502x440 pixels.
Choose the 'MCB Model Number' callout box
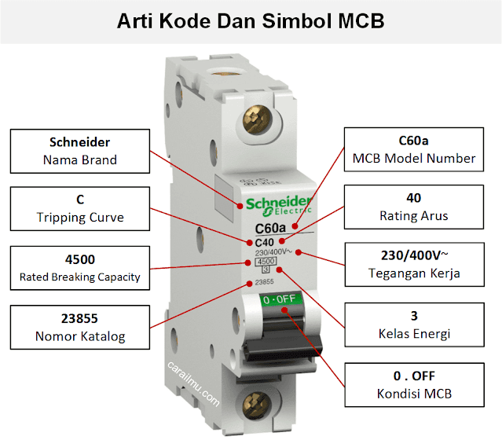pyautogui.click(x=415, y=149)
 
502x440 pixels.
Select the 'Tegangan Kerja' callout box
pyautogui.click(x=415, y=265)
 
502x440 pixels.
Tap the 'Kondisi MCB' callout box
pyautogui.click(x=415, y=384)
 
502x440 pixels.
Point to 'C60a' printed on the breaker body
pyautogui.click(x=271, y=229)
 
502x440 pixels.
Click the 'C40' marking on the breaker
pyautogui.click(x=265, y=242)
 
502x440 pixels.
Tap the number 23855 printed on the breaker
pyautogui.click(x=265, y=282)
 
